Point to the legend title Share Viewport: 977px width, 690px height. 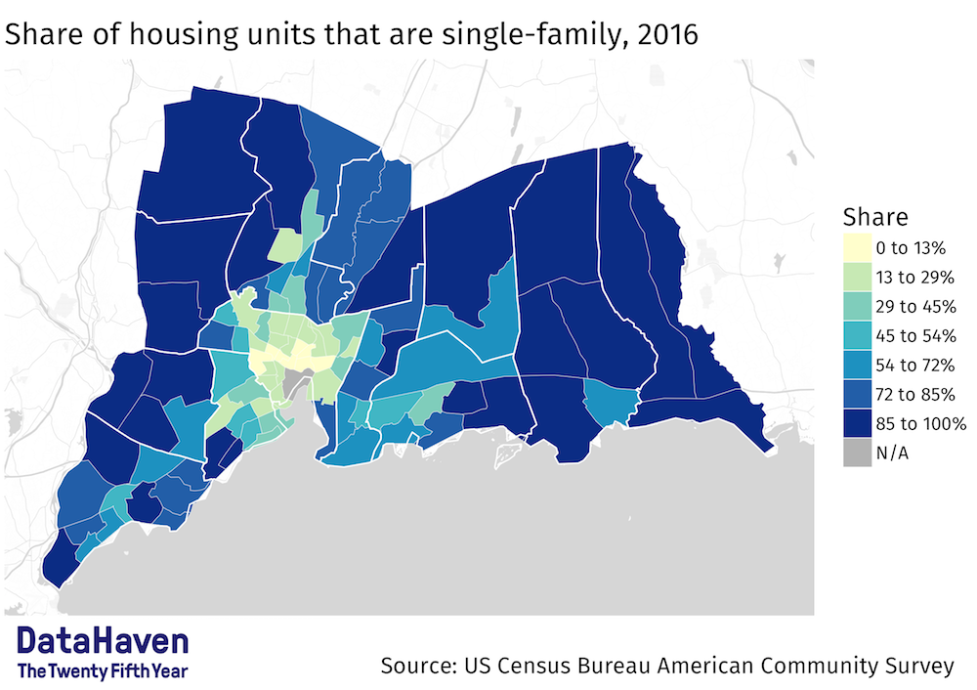[875, 217]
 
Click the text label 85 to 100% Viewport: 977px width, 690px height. [921, 424]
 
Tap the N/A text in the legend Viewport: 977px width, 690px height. [895, 453]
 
